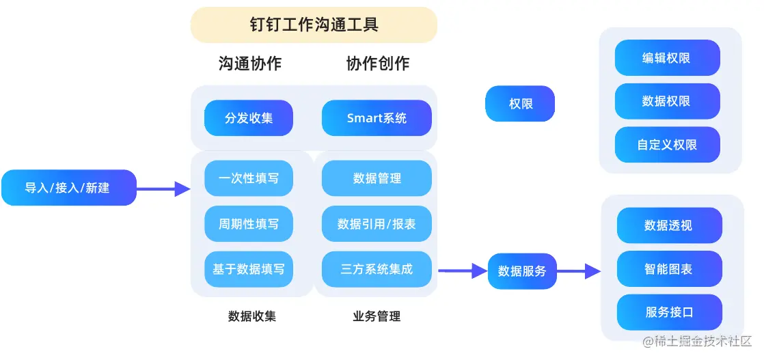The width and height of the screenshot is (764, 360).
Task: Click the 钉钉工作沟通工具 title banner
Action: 314,25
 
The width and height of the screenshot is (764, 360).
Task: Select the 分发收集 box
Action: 249,118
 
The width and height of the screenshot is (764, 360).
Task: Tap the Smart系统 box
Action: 377,118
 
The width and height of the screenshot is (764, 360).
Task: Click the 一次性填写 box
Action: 249,178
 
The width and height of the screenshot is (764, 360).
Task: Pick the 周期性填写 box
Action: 249,223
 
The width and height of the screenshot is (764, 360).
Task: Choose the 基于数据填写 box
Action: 249,269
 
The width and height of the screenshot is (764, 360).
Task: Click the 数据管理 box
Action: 377,178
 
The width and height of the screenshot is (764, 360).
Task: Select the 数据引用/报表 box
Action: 377,223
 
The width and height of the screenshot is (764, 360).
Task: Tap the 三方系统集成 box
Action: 377,269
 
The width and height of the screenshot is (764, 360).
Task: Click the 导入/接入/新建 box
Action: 68,188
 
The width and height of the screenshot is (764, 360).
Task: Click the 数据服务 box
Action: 522,271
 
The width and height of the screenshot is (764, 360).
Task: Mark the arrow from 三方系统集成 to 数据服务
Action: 463,271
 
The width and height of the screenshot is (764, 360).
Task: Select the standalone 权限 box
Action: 520,104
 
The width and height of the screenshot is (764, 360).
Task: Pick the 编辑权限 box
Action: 667,58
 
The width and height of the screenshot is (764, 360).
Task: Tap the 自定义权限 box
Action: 667,145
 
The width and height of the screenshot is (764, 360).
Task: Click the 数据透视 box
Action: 669,225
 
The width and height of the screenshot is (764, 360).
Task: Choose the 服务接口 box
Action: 669,312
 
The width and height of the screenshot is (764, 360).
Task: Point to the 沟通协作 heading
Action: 249,64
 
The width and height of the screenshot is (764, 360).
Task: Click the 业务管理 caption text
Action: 377,316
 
